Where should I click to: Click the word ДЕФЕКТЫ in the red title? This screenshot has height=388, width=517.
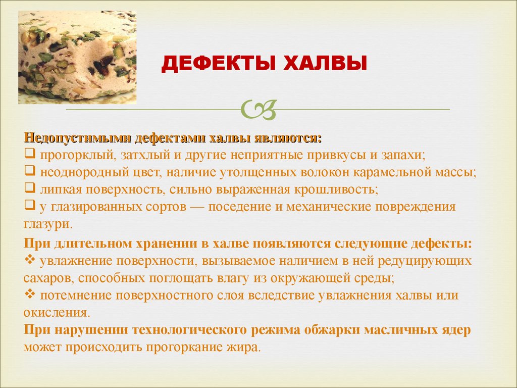[218, 64]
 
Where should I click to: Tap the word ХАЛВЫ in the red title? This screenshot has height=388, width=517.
[325, 64]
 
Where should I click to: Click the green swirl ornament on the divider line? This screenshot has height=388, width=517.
[258, 109]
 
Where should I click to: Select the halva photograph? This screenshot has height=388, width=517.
[77, 58]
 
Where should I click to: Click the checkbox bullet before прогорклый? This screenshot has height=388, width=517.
[30, 154]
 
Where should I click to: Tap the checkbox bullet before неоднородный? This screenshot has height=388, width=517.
[30, 171]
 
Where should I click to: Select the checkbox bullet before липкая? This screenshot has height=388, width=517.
[30, 188]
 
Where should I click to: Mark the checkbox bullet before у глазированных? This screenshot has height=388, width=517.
[30, 205]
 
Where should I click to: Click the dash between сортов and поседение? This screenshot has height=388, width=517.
[197, 207]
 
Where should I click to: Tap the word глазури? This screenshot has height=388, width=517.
[47, 224]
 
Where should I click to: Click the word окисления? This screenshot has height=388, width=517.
[57, 312]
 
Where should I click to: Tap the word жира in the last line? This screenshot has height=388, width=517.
[244, 348]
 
